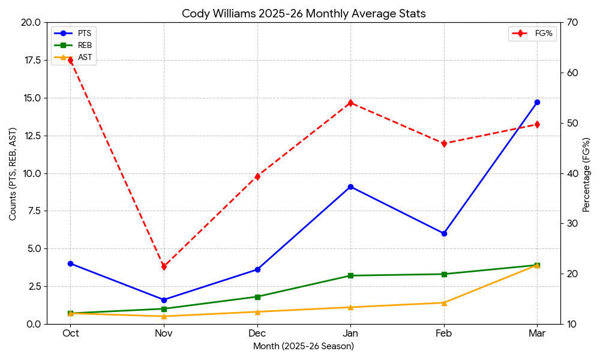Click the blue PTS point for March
tap(537, 103)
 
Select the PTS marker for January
tap(350, 187)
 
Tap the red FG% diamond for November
tap(164, 266)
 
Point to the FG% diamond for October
tap(71, 60)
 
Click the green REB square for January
tap(350, 275)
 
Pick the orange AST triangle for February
tap(444, 303)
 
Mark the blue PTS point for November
tap(164, 300)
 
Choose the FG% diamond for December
tap(257, 176)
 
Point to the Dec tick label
tap(257, 334)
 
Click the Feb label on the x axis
tap(444, 334)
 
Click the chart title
tap(304, 14)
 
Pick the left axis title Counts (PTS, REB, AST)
tap(13, 173)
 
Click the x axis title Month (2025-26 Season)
tap(304, 346)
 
